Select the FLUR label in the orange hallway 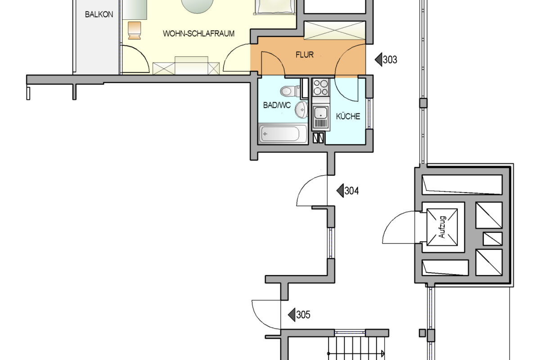304,55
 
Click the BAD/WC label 277,106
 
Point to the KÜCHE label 348,117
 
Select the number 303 390,59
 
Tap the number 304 351,191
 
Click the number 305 303,315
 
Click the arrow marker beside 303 378,59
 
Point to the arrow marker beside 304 340,191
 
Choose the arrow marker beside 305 292,315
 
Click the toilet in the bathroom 288,91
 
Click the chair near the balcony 135,30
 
